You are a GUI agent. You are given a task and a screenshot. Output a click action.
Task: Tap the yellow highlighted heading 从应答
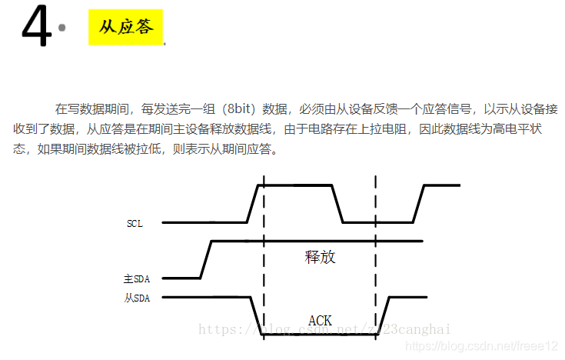(x=126, y=27)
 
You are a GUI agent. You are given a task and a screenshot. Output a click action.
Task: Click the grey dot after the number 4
(x=62, y=28)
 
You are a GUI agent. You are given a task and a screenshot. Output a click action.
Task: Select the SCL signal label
(x=135, y=223)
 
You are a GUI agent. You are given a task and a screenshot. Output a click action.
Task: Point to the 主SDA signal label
(x=136, y=278)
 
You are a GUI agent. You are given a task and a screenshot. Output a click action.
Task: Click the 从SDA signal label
(x=136, y=298)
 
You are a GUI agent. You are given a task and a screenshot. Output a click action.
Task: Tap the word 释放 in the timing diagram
(x=320, y=257)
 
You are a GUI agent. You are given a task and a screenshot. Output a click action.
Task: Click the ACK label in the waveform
(x=320, y=320)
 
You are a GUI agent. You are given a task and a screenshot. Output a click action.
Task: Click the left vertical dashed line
(x=264, y=254)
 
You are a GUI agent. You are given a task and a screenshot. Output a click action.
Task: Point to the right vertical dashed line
(x=376, y=254)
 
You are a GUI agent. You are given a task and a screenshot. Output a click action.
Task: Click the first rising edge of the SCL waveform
(x=252, y=204)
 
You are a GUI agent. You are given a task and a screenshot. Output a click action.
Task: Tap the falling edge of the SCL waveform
(x=337, y=204)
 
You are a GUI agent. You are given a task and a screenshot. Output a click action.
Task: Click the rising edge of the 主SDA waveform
(x=205, y=259)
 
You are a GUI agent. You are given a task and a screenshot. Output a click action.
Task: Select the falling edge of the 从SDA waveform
(x=257, y=315)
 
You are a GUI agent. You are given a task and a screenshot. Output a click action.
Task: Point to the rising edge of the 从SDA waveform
(x=384, y=315)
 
